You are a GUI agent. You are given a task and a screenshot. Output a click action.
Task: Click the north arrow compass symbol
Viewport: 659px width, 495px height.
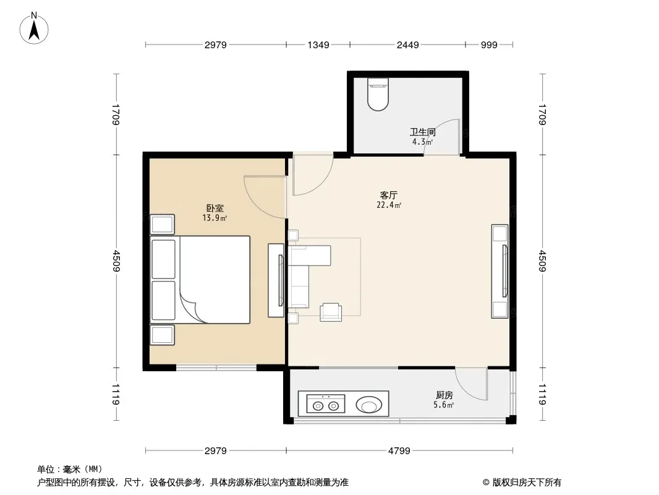click(34, 28)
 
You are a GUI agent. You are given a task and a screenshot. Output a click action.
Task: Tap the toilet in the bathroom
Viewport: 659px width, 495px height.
click(378, 94)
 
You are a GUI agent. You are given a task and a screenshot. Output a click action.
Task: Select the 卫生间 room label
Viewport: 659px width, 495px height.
click(422, 132)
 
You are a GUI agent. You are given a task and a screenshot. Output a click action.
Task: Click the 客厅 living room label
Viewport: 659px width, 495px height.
click(389, 195)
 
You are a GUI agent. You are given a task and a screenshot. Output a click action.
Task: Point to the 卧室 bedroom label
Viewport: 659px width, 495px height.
click(215, 208)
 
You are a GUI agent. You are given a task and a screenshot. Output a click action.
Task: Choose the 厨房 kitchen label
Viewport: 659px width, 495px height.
click(444, 395)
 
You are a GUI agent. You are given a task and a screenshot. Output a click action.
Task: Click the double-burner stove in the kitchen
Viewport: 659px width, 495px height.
click(326, 404)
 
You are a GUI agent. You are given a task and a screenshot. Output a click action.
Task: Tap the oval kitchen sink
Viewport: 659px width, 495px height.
click(369, 405)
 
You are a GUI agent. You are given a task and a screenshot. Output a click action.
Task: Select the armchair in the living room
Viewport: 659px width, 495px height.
click(331, 312)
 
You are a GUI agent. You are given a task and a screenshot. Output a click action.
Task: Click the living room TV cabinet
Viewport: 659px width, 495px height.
click(500, 271)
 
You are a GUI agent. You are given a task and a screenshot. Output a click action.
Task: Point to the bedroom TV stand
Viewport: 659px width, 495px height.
click(276, 280)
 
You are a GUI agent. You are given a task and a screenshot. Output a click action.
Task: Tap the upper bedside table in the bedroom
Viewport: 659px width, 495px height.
click(162, 224)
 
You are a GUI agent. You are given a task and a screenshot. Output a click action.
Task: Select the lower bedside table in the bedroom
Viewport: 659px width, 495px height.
click(162, 335)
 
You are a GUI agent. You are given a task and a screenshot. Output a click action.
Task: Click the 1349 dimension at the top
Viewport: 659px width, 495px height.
click(318, 45)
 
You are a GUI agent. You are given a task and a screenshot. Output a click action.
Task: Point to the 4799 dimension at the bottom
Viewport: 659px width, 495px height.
click(399, 451)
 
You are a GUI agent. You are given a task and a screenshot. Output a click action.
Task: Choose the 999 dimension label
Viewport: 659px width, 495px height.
click(489, 45)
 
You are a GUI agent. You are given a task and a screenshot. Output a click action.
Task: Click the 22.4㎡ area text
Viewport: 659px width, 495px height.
click(389, 205)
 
